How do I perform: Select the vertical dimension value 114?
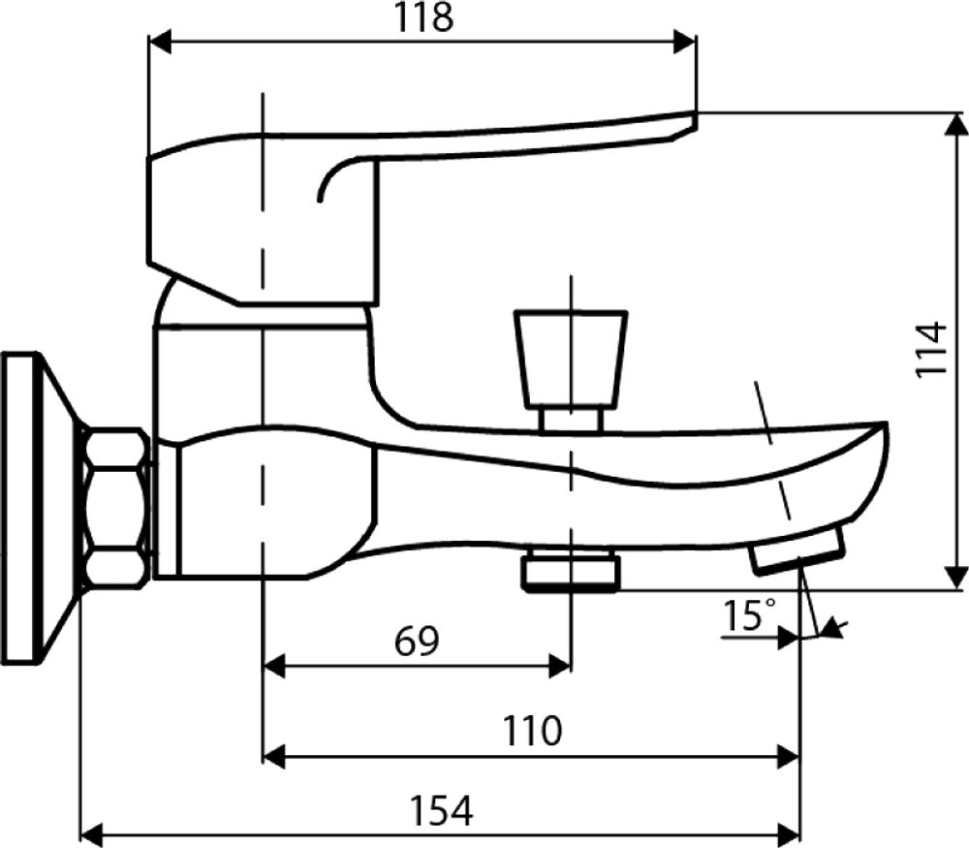pos(931,349)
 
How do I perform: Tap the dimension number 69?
pos(417,640)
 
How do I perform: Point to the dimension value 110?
pos(531,731)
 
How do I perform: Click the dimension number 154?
pos(440,808)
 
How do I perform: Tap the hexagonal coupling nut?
pos(117,509)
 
